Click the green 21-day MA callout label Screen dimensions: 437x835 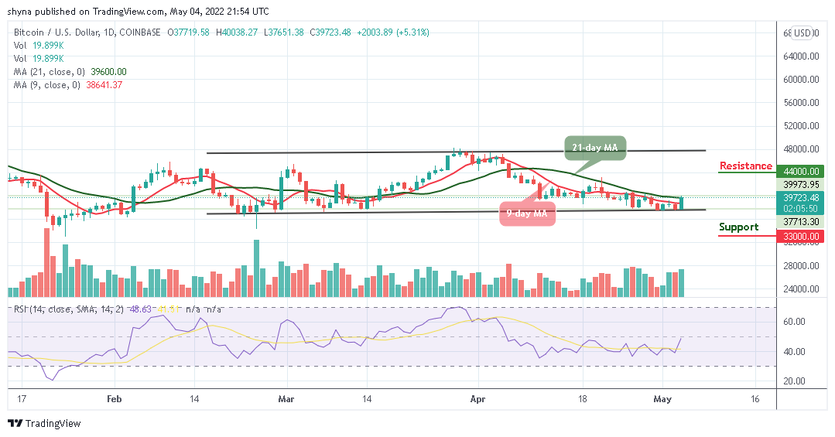(593, 148)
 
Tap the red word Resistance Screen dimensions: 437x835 (745, 166)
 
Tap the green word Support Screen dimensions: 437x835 (738, 227)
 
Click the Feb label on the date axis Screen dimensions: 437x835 (114, 399)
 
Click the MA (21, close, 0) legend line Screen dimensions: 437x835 (70, 71)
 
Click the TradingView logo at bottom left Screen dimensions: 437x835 (44, 424)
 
